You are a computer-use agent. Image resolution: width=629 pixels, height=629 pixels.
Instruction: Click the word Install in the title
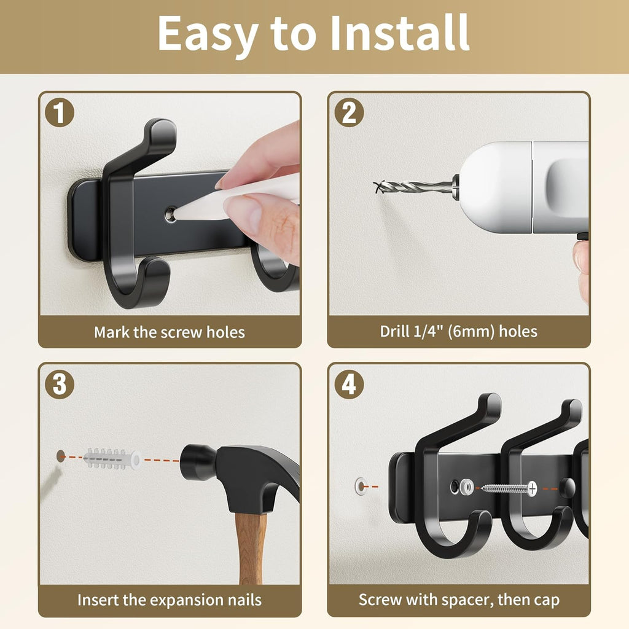click(x=399, y=33)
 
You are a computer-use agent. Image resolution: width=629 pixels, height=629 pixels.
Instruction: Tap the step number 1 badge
click(x=60, y=113)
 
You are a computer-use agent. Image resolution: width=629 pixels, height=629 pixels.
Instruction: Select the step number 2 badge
click(x=349, y=113)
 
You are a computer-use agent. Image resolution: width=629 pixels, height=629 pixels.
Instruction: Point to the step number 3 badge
click(x=60, y=385)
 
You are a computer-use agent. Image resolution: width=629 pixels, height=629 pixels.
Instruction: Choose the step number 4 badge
click(x=349, y=385)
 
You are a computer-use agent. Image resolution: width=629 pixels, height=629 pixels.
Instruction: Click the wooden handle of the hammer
click(x=250, y=547)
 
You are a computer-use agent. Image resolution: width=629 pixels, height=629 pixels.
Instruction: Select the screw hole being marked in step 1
click(x=171, y=214)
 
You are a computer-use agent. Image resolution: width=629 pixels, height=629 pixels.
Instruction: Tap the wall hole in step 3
click(x=61, y=456)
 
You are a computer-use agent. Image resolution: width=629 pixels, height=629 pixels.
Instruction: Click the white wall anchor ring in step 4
click(x=361, y=486)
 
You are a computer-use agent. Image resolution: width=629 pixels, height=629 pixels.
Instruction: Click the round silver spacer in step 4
click(x=467, y=487)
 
